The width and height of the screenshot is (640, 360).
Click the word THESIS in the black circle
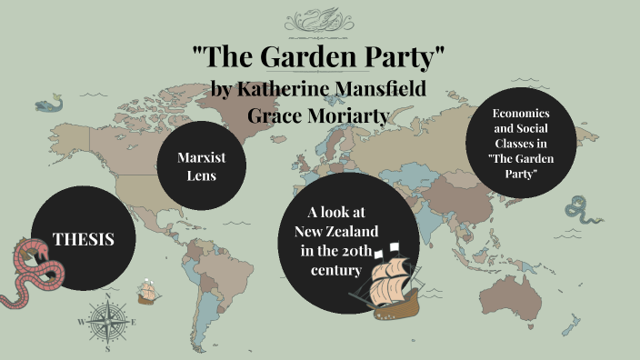[x=83, y=240]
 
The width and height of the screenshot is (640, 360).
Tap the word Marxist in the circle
[x=202, y=157]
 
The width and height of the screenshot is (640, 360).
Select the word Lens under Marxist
[x=202, y=175]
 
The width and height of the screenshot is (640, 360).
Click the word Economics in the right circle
[x=521, y=114]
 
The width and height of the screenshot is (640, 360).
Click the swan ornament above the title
[x=320, y=18]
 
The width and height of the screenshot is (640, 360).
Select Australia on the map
[x=522, y=286]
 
